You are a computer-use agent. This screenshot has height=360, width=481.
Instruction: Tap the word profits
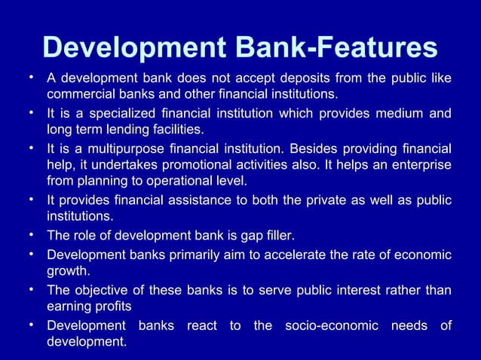(x=114, y=306)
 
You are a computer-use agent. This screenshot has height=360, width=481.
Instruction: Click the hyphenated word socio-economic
(x=329, y=325)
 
